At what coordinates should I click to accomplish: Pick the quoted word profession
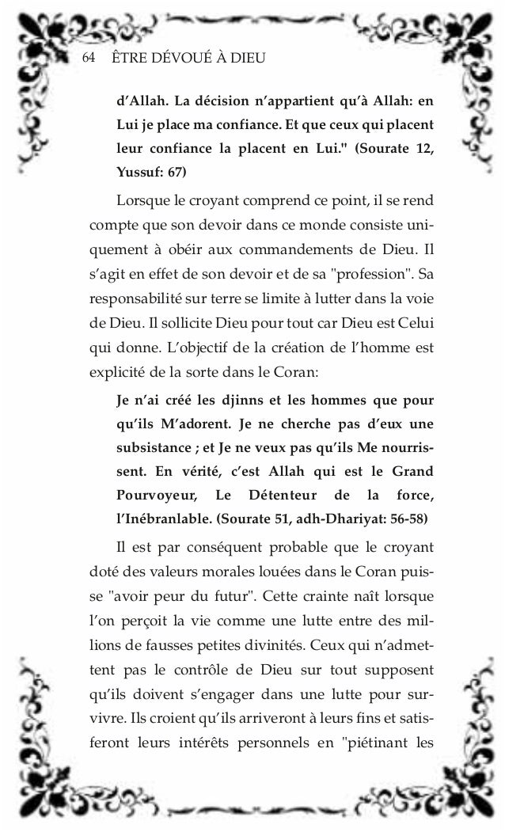coord(374,275)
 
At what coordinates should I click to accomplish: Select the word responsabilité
coord(132,300)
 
